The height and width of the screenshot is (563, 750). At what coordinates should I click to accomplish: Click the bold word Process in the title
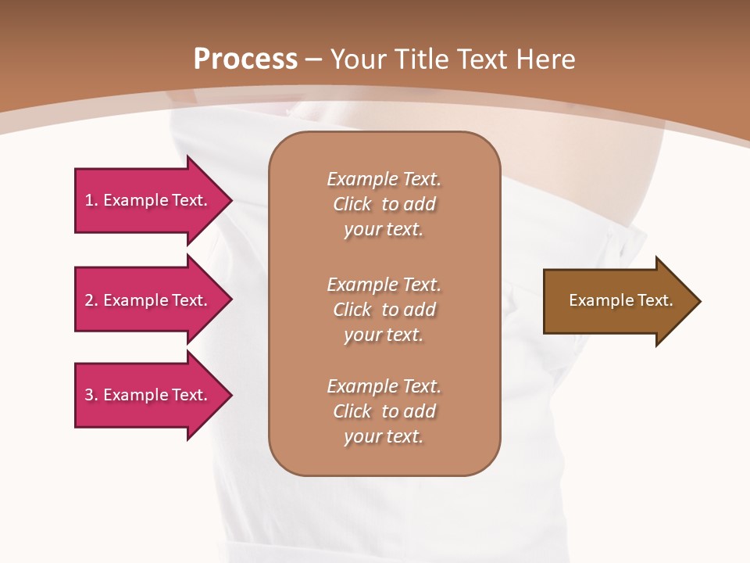tap(245, 59)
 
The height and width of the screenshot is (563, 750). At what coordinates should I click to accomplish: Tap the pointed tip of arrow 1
tap(230, 200)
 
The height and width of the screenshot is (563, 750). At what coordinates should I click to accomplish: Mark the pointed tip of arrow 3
tap(230, 395)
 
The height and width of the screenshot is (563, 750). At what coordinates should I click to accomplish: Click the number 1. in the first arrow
tap(91, 200)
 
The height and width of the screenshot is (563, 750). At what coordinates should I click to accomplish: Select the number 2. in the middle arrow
tap(91, 300)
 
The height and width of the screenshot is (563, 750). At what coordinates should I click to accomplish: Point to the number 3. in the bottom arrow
tap(91, 395)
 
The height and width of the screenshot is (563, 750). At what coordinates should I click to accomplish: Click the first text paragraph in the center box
tap(384, 204)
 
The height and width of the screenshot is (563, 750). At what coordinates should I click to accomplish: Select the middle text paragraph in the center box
tap(384, 310)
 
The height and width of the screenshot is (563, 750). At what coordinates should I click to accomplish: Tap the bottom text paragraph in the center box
tap(384, 411)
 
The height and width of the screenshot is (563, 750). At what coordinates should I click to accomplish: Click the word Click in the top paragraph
tap(352, 204)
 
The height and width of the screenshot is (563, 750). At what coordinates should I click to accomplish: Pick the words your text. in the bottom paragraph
tap(384, 436)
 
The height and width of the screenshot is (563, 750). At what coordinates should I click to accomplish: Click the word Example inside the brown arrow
tap(596, 300)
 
